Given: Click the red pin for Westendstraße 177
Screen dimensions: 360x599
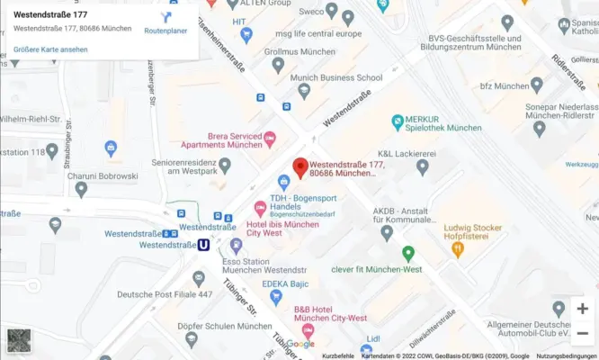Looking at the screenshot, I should (300, 167).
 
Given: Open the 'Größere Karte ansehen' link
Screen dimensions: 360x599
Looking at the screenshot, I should (50, 49).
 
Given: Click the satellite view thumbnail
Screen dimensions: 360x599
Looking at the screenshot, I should (19, 340).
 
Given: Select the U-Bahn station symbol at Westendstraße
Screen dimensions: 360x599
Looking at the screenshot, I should (204, 244).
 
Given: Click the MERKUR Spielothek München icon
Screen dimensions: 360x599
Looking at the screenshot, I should (397, 122).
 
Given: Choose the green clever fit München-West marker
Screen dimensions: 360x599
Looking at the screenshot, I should (407, 254).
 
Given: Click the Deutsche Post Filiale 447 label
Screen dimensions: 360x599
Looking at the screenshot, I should (165, 294).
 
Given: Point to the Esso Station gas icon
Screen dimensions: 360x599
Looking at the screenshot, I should (236, 244).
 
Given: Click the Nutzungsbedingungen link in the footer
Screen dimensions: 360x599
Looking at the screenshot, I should (567, 355).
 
